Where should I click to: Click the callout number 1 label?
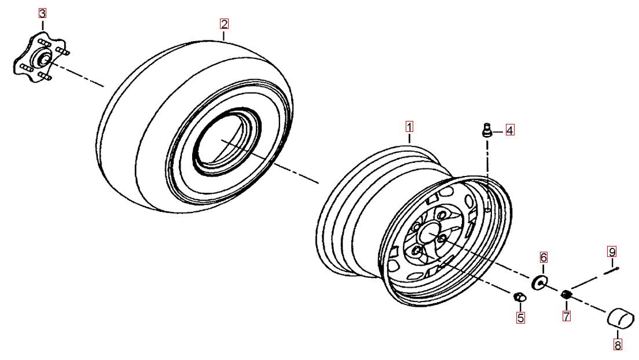click(409, 126)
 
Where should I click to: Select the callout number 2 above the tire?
click(224, 24)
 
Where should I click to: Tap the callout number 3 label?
click(42, 13)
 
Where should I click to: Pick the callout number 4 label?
click(510, 130)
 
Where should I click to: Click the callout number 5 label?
click(520, 317)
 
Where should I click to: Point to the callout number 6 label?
click(543, 257)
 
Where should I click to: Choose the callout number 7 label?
click(567, 315)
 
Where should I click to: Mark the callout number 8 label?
click(618, 346)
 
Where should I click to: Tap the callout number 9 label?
click(612, 252)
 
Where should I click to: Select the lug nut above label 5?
click(519, 297)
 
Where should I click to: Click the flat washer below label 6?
click(540, 282)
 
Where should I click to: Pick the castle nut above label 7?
click(567, 294)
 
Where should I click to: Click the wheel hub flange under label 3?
click(42, 57)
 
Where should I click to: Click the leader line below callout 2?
click(224, 35)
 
